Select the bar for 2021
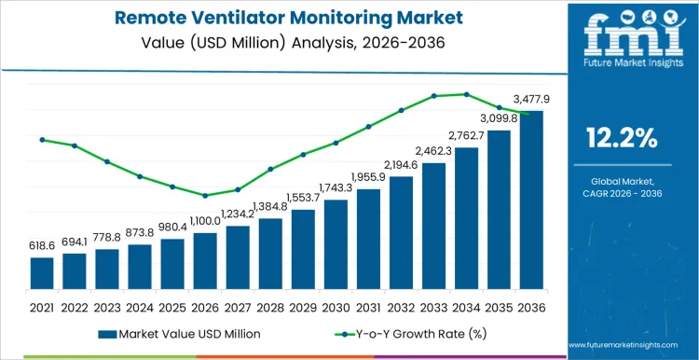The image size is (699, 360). (42, 272)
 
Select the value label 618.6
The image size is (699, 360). (42, 246)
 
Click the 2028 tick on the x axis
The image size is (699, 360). (270, 307)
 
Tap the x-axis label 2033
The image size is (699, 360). (433, 307)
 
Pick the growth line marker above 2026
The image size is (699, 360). (205, 195)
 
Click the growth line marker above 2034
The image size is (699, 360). (466, 94)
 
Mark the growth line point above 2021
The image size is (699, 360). (42, 140)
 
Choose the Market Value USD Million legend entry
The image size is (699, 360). (178, 333)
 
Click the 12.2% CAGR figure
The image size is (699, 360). (621, 138)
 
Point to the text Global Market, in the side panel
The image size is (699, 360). (621, 180)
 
